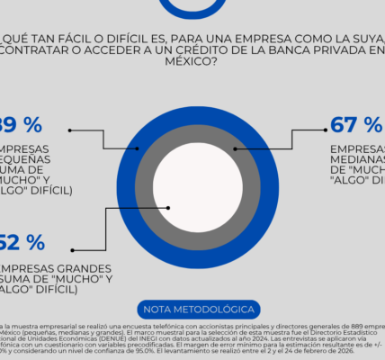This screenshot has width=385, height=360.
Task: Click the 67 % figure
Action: pyautogui.click(x=357, y=125)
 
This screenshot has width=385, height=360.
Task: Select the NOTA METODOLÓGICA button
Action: pyautogui.click(x=192, y=306)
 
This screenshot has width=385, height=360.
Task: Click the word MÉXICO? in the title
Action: pyautogui.click(x=192, y=63)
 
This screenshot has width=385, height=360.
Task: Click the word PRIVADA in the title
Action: pyautogui.click(x=337, y=50)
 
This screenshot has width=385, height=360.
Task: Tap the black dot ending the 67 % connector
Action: pyautogui.click(x=236, y=148)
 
